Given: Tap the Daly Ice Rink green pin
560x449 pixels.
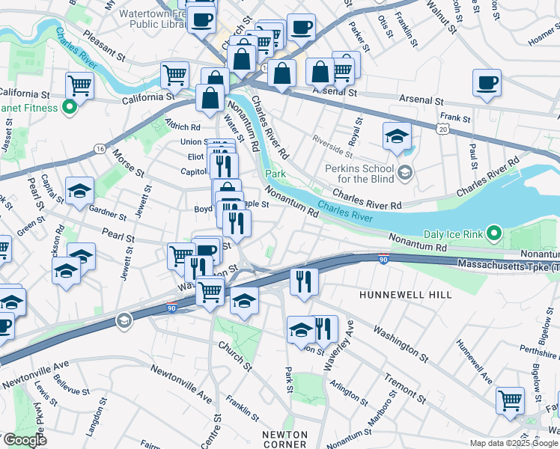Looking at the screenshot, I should click(x=493, y=234).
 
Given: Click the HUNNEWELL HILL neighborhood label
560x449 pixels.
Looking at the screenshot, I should click(x=405, y=295).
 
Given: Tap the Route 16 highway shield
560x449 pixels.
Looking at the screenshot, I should click(x=100, y=150).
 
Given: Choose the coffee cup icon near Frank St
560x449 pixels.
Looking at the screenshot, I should click(x=487, y=82).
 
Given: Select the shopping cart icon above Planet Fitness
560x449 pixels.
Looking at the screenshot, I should click(x=79, y=85).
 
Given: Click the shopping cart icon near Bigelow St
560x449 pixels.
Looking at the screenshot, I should click(x=510, y=400).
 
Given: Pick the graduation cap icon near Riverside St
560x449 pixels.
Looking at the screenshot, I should click(x=397, y=135).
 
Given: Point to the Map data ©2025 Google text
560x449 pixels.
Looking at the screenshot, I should click(x=513, y=443).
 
